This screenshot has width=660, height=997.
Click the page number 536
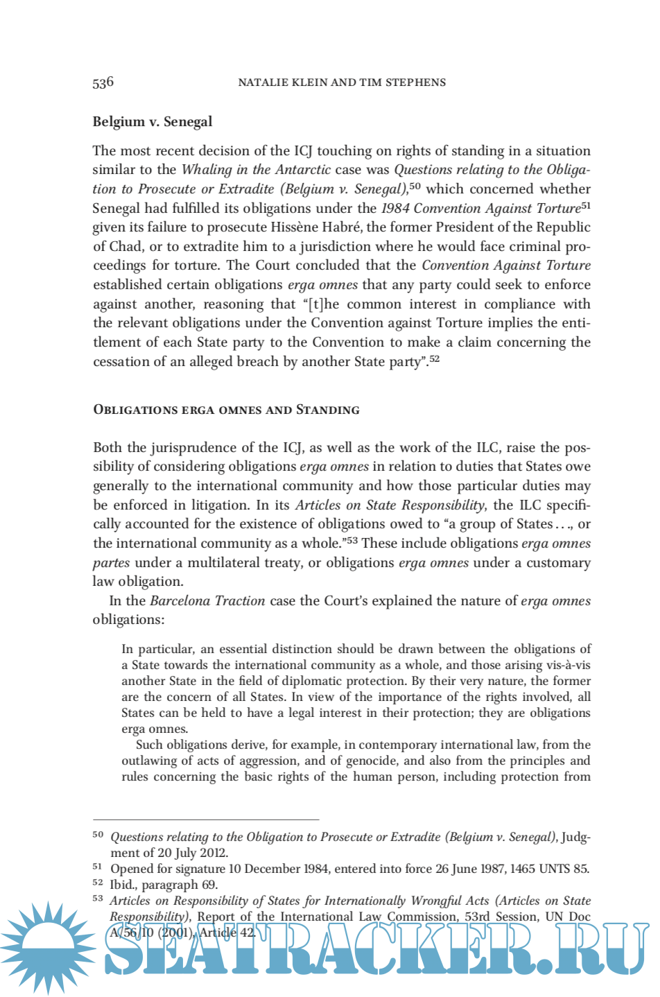coord(103,83)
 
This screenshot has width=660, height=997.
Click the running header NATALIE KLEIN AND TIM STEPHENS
coord(342,83)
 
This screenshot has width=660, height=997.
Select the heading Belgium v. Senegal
coord(153,122)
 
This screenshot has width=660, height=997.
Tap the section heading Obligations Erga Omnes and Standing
coord(226,410)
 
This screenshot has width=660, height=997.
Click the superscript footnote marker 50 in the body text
coord(415,186)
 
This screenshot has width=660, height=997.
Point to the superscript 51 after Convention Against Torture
coord(586,205)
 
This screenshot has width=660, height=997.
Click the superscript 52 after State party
coord(434,358)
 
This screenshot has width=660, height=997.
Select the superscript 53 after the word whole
coord(351,540)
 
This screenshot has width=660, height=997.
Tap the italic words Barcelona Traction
coord(207,601)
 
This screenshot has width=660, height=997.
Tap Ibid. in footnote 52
coord(124,885)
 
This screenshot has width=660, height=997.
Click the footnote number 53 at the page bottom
coord(98,899)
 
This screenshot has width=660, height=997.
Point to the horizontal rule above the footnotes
coord(206,820)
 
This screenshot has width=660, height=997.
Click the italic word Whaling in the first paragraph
coord(206,170)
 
